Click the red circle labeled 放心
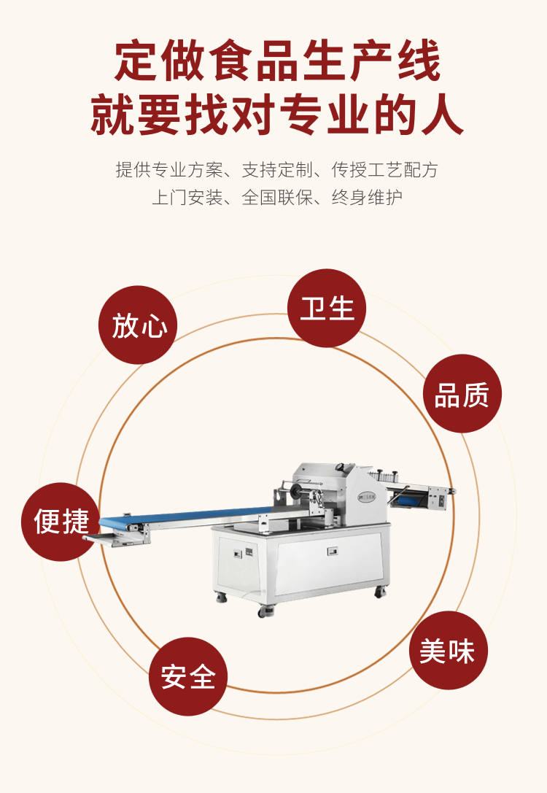pyautogui.click(x=138, y=325)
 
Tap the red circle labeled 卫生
pyautogui.click(x=327, y=308)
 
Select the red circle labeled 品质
pyautogui.click(x=462, y=393)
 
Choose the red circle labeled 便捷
pyautogui.click(x=61, y=522)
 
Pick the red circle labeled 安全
pyautogui.click(x=188, y=676)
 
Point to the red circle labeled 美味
pyautogui.click(x=449, y=650)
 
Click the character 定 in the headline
pyautogui.click(x=135, y=61)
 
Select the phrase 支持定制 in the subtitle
pyautogui.click(x=278, y=170)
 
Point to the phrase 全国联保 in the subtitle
pyautogui.click(x=277, y=197)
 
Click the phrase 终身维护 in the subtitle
pyautogui.click(x=367, y=197)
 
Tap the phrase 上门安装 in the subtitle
pyautogui.click(x=187, y=197)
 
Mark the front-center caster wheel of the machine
pyautogui.click(x=265, y=611)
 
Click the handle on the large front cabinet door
pyautogui.click(x=332, y=551)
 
